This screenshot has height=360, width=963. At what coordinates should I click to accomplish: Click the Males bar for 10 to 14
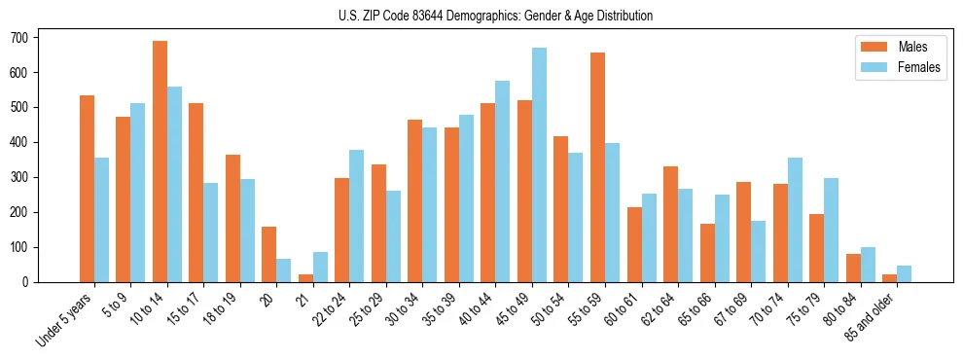[x=160, y=162]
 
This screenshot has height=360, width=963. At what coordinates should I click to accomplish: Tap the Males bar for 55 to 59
[x=597, y=167]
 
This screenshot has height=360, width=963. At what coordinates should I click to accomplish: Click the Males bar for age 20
[x=269, y=254]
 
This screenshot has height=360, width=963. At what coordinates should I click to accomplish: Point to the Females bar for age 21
[x=320, y=267]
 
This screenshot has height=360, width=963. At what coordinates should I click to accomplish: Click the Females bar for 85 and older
[x=904, y=273]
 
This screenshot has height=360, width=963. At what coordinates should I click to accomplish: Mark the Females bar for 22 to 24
[x=357, y=216]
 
